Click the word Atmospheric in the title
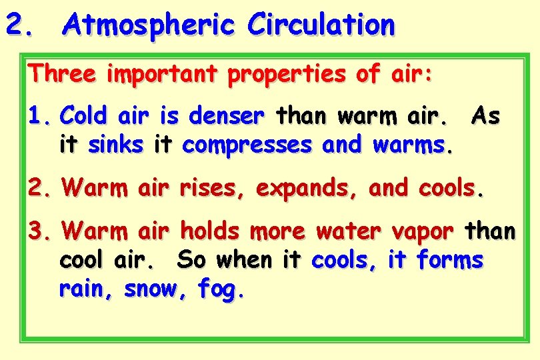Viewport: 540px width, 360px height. tap(148, 26)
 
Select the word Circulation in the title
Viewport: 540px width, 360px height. tap(321, 25)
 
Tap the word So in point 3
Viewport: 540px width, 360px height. tap(191, 260)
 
